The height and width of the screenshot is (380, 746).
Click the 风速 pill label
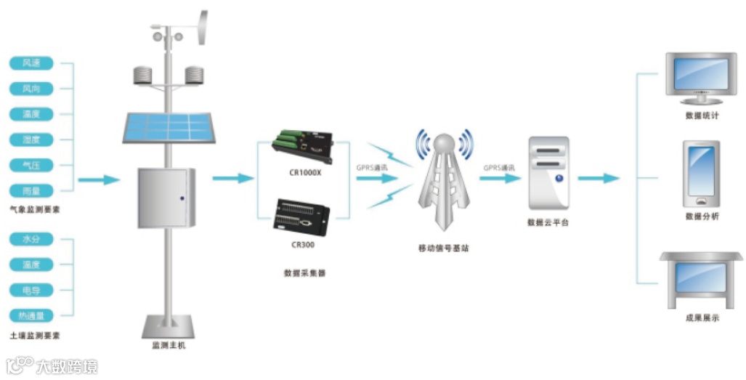(31, 63)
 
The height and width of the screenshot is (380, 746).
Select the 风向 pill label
(31, 89)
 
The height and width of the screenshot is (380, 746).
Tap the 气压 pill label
(31, 165)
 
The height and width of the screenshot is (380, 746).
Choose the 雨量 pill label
(31, 190)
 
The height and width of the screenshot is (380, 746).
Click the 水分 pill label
(31, 239)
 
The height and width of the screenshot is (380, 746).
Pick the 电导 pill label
(31, 290)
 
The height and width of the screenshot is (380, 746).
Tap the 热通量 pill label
(31, 315)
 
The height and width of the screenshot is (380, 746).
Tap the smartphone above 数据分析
(701, 174)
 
